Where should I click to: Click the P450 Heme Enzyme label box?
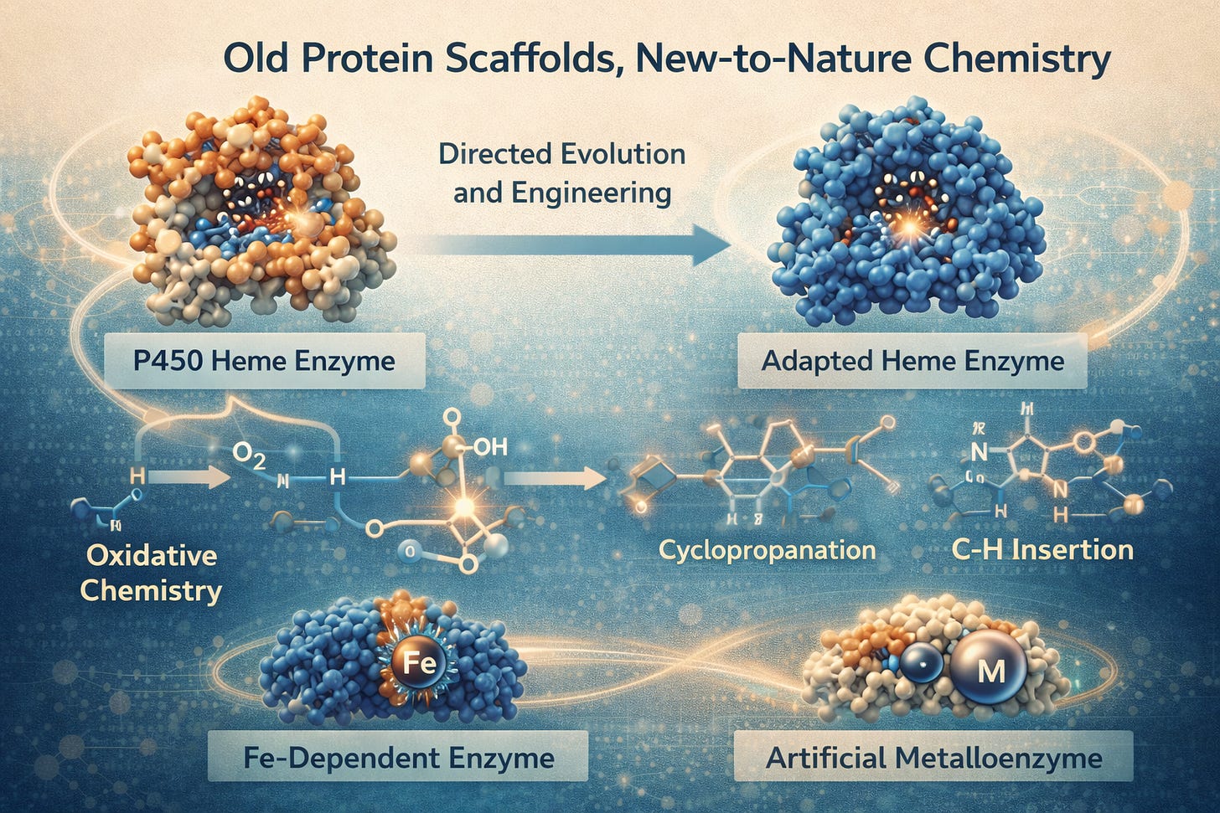264,362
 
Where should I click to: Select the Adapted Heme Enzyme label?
912,362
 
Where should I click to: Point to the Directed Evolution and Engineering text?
562,173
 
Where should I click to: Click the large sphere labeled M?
991,670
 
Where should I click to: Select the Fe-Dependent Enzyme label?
399,759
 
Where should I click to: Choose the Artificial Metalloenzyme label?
933,759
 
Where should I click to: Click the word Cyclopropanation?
767,550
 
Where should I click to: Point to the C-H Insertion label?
1042,550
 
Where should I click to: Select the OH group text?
489,447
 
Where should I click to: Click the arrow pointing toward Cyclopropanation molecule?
556,478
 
